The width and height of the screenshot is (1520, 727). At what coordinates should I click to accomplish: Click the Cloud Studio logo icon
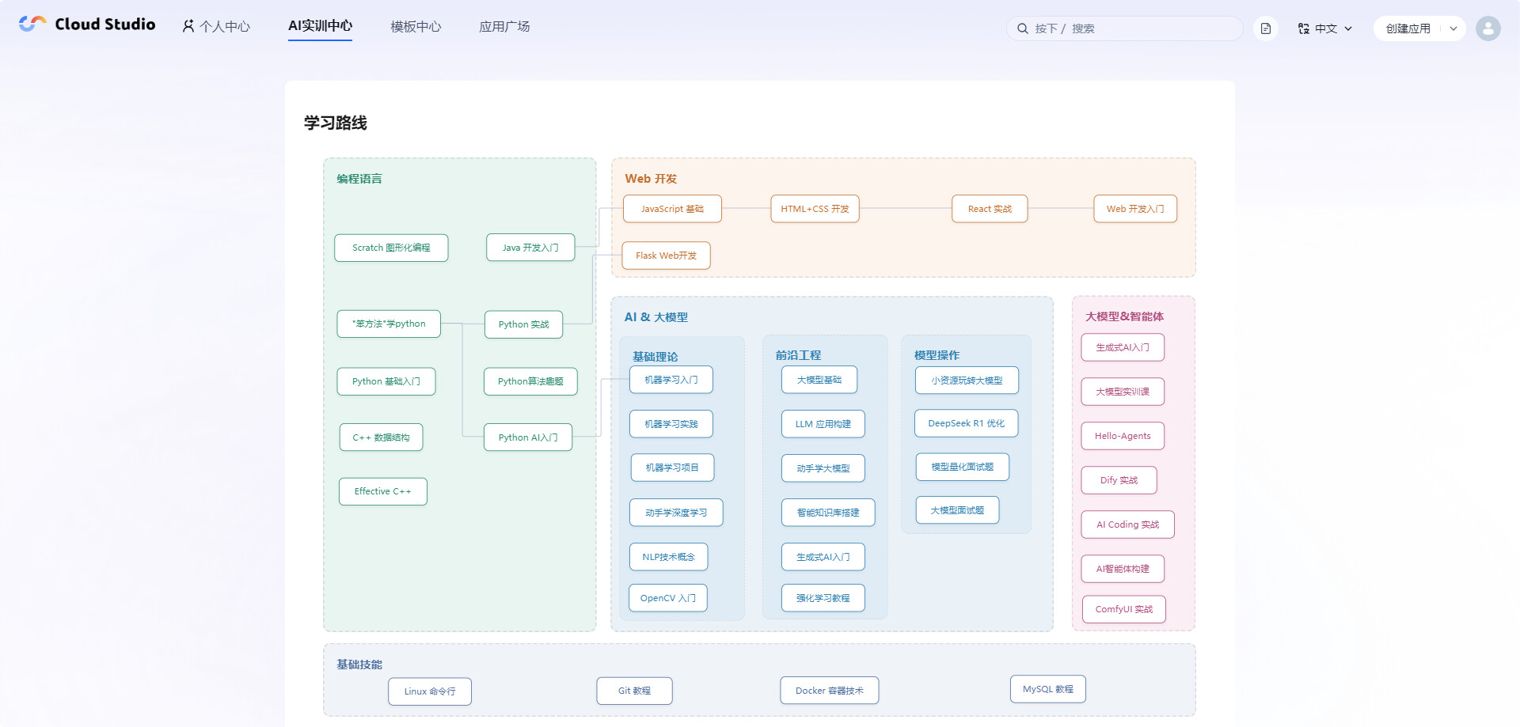tap(32, 24)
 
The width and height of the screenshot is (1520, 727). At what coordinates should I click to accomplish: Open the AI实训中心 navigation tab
tap(320, 26)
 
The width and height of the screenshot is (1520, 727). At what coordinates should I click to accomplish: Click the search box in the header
tap(1124, 28)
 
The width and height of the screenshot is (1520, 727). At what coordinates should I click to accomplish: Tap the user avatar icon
tap(1488, 28)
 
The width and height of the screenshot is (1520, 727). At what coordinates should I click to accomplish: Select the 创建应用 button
tap(1408, 28)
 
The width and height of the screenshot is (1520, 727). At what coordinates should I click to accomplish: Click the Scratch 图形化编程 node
tap(391, 248)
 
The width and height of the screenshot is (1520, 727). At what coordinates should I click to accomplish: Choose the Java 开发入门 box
tap(530, 248)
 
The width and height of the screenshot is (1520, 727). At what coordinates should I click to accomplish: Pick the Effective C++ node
tap(383, 491)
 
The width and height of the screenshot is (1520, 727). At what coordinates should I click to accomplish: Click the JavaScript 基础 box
tap(672, 209)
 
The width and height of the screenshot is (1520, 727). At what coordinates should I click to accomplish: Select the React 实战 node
tap(990, 209)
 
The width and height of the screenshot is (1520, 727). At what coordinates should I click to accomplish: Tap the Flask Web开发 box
tap(666, 256)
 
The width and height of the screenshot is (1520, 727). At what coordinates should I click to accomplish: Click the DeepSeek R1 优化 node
tap(967, 423)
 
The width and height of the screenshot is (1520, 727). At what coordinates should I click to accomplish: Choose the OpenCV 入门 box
tap(668, 598)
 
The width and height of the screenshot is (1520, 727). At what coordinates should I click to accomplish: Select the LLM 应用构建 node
tap(823, 424)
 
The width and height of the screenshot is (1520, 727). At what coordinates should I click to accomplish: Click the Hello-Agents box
tap(1123, 436)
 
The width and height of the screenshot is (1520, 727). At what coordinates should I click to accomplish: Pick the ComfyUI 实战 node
tap(1124, 609)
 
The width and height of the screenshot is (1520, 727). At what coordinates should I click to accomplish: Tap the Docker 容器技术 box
tap(830, 691)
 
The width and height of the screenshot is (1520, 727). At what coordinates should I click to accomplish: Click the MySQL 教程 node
tap(1048, 689)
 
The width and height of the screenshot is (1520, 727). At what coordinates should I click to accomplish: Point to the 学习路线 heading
tap(336, 123)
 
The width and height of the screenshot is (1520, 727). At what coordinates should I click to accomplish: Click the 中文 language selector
tap(1325, 28)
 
